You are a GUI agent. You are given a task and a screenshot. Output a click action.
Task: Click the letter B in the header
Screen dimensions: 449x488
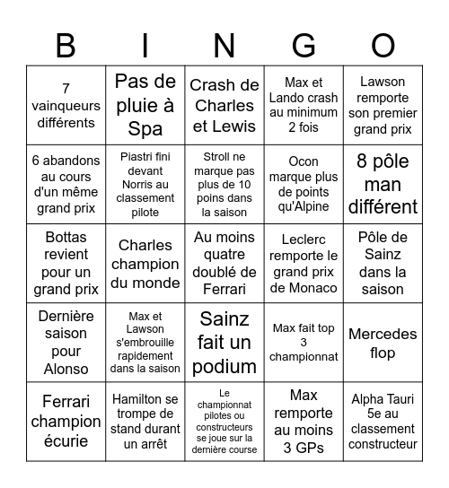tap(66, 44)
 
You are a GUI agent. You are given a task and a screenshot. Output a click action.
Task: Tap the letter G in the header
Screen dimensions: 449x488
tap(304, 44)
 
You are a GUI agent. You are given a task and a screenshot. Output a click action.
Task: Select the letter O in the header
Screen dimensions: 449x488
tap(383, 44)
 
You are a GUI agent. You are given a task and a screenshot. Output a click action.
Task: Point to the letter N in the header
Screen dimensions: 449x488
tap(224, 44)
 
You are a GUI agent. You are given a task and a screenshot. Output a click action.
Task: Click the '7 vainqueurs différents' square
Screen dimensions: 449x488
tap(66, 105)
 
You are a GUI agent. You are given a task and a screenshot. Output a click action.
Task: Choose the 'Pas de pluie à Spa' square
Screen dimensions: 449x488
tap(145, 105)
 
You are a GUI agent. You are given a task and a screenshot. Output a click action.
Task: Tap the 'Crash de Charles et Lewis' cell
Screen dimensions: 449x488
tap(224, 105)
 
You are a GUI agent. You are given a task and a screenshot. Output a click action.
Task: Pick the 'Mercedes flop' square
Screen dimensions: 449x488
tap(383, 343)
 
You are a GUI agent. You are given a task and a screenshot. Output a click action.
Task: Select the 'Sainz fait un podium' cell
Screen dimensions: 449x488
tap(224, 343)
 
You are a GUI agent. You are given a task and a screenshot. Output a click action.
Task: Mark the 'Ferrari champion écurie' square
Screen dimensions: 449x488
tap(66, 422)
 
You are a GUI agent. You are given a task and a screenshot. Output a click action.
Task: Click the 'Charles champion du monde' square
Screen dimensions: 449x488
tap(145, 264)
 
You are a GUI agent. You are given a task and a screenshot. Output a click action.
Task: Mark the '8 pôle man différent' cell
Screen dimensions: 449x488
tap(383, 184)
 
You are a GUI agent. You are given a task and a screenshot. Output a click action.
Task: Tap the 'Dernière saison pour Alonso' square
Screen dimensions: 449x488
tap(66, 343)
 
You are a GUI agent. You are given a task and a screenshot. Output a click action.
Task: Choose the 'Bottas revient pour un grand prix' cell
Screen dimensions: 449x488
tap(66, 264)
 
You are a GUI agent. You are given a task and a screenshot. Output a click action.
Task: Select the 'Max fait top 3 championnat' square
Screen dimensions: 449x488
tap(304, 343)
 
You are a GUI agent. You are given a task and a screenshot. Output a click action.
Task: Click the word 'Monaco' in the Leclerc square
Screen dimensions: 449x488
tap(304, 288)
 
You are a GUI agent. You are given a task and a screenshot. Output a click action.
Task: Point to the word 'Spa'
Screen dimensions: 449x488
tap(145, 128)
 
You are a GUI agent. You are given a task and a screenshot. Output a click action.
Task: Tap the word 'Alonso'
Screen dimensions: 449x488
tap(66, 368)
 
